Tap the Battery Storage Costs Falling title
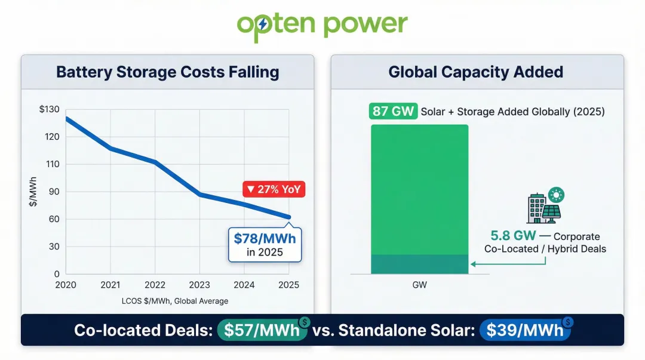167,72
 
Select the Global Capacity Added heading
475,72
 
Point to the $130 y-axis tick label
50,109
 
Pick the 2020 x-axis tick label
66,285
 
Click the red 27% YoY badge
274,190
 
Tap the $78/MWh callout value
265,239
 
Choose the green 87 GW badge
392,112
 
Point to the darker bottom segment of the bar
419,264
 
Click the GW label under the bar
419,285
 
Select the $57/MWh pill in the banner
262,330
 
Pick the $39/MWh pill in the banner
524,330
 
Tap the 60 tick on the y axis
53,219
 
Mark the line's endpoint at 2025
288,217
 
